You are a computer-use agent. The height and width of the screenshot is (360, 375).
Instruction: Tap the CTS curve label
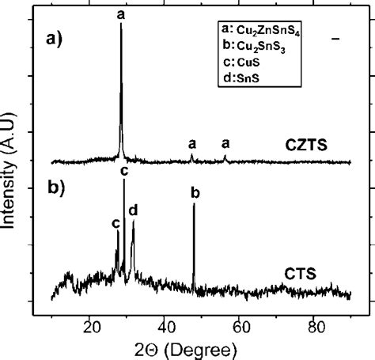[298, 274]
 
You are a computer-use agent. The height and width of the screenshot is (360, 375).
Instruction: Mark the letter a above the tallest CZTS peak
[120, 13]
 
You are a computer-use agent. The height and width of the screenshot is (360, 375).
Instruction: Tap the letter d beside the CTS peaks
[134, 210]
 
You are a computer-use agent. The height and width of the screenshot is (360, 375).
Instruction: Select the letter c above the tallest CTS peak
[123, 170]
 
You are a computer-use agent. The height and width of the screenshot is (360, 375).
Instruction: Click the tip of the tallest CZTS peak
[121, 25]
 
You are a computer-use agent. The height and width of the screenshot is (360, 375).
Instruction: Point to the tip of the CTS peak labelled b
[195, 204]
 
